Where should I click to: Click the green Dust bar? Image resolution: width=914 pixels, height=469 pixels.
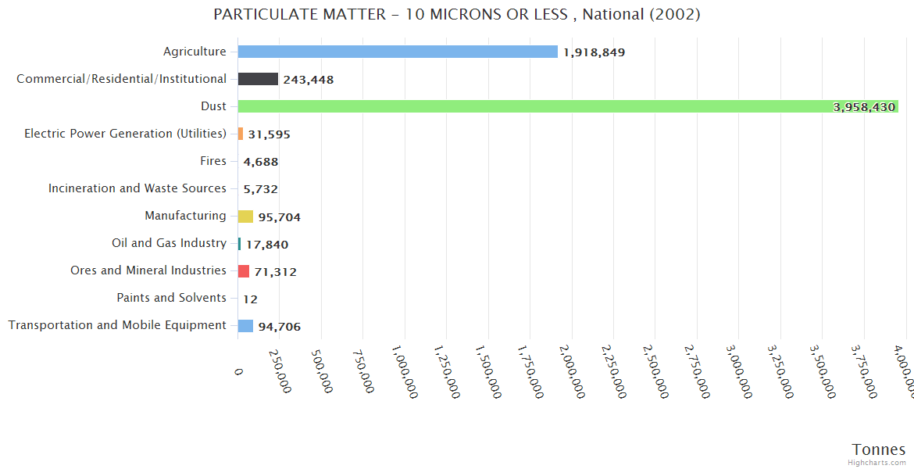tap(568, 106)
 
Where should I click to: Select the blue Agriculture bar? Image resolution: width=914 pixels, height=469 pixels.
tap(398, 52)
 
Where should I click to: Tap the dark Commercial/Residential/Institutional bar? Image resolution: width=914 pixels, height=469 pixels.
tap(258, 79)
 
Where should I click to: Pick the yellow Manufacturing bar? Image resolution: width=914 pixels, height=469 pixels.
tap(245, 217)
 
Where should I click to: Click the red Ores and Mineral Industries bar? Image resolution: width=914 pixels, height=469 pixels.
tap(244, 271)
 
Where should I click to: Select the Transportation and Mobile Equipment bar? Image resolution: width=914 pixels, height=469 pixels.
tap(245, 326)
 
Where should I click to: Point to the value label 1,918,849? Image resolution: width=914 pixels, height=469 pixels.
tap(594, 52)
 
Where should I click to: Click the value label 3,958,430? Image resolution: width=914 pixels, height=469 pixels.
tap(864, 107)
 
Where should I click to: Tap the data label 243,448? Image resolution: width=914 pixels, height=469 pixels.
tap(309, 80)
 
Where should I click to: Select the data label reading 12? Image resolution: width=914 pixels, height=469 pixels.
tap(250, 299)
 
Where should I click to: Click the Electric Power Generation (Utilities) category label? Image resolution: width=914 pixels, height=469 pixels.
tap(125, 134)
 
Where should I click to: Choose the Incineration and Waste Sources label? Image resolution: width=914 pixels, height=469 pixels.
tap(137, 188)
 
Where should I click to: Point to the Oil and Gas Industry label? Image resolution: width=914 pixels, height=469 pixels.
tap(169, 243)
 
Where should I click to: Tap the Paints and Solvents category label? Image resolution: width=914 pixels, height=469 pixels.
tap(171, 298)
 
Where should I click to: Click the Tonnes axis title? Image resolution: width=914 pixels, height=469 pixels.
tap(878, 449)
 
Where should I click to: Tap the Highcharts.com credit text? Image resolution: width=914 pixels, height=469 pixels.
tap(877, 463)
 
